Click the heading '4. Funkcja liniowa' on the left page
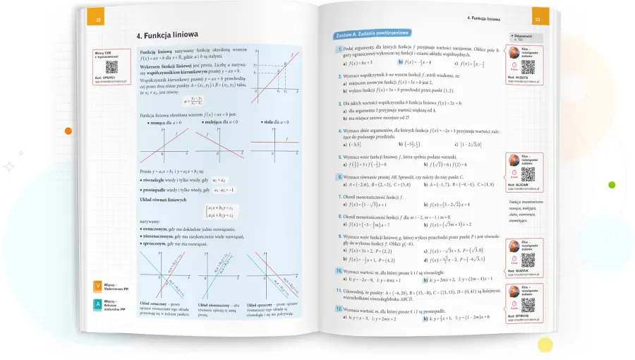pyautogui.click(x=167, y=35)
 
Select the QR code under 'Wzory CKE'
pyautogui.click(x=110, y=66)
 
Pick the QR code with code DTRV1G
pyautogui.click(x=527, y=305)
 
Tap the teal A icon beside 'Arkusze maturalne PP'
pyautogui.click(x=98, y=305)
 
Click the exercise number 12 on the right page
pyautogui.click(x=338, y=310)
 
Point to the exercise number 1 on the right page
pyautogui.click(x=340, y=49)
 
